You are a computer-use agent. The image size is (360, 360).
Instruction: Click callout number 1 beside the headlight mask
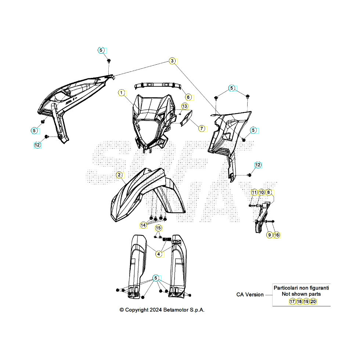click(122, 93)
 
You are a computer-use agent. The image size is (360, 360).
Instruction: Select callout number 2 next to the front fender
click(119, 175)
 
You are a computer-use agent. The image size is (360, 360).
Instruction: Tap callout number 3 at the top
click(172, 61)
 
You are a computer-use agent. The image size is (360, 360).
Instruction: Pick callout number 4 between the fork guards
click(158, 254)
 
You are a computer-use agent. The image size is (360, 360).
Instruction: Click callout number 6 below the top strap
click(188, 97)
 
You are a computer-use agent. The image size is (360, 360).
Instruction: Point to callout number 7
click(202, 129)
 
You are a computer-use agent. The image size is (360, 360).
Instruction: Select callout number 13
click(184, 106)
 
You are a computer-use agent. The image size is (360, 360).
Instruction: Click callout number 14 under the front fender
click(143, 225)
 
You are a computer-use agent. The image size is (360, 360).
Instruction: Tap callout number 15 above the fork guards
click(158, 228)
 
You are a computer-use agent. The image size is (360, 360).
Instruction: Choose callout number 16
click(277, 235)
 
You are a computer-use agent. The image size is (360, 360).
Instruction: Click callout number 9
click(270, 235)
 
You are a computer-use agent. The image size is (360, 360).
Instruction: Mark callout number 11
click(254, 192)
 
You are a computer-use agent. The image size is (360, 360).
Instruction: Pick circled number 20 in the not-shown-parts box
click(313, 302)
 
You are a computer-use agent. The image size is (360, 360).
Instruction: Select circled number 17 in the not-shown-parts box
click(292, 302)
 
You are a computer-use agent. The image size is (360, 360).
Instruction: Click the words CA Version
click(250, 295)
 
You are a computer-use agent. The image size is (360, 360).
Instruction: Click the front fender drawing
click(147, 195)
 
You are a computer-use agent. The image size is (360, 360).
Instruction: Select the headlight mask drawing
click(152, 122)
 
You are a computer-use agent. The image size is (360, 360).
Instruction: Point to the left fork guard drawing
click(137, 266)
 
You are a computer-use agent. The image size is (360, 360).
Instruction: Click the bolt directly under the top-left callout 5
click(109, 61)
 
